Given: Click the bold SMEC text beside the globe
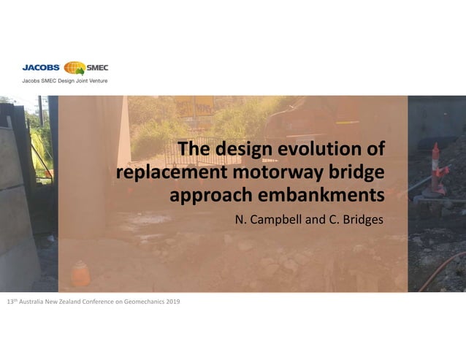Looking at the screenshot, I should pyautogui.click(x=97, y=69).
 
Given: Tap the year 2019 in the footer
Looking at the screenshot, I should pyautogui.click(x=172, y=302).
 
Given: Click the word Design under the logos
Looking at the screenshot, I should pyautogui.click(x=58, y=80).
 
